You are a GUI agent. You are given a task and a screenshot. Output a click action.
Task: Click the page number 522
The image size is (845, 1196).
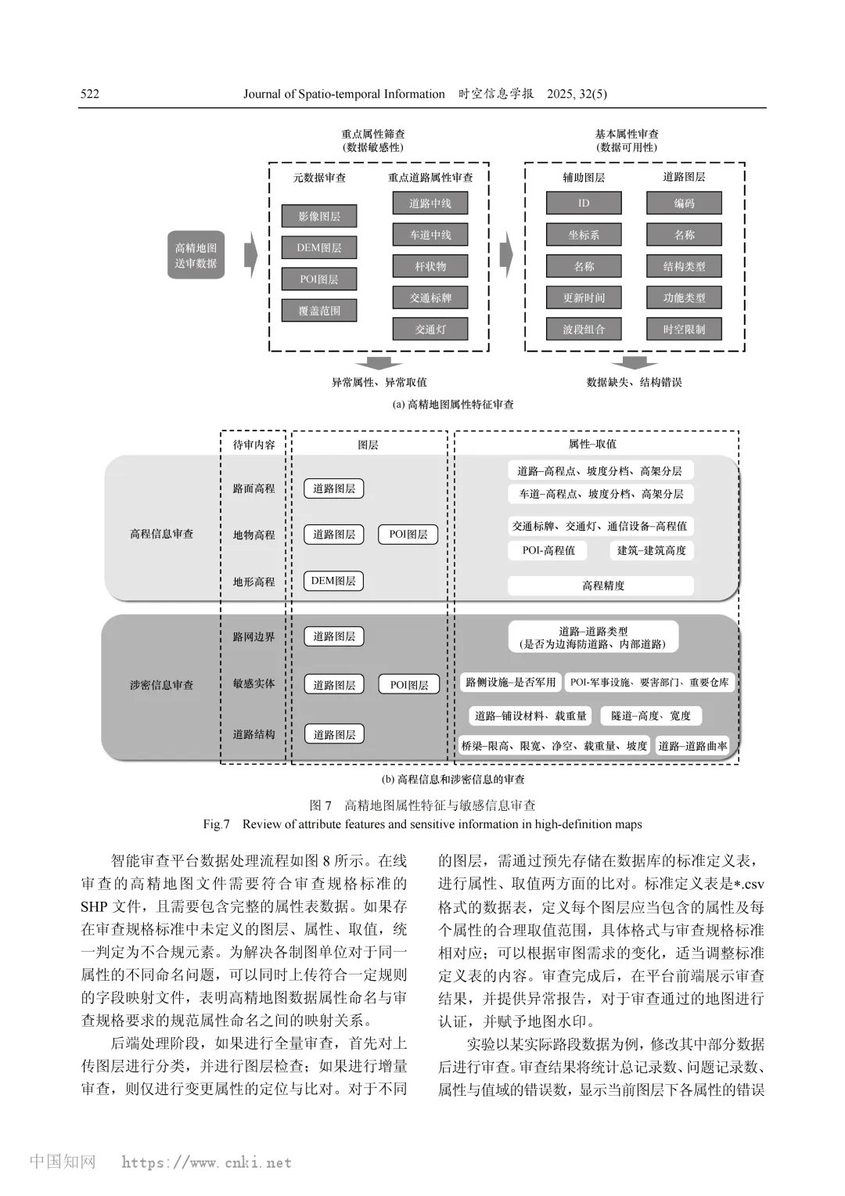(90, 94)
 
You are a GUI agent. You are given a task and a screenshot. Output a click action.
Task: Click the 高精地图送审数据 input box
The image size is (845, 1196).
(196, 255)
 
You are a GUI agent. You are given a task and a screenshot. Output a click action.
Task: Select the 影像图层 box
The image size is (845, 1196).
(319, 216)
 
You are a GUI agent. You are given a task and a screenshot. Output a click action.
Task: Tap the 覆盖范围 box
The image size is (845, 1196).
(319, 311)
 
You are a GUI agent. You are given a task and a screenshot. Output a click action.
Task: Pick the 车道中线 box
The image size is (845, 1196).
(430, 235)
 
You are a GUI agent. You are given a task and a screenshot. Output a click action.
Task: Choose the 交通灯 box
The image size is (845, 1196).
(430, 330)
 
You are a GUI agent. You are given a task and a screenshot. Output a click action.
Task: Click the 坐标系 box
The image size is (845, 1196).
(584, 235)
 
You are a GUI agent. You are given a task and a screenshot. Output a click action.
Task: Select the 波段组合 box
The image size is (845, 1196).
(584, 330)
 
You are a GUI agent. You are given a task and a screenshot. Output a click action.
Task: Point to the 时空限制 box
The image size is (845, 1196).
(684, 330)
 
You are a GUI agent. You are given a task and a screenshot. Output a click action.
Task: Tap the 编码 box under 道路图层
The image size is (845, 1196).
(684, 204)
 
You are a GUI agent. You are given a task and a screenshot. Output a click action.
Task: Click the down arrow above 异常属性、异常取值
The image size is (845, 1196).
(379, 362)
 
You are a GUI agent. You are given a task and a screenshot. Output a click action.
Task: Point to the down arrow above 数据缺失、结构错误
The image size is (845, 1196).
(634, 362)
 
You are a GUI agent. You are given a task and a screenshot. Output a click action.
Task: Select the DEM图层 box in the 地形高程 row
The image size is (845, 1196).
(333, 581)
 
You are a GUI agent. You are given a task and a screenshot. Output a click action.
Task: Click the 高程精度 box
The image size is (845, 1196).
(601, 585)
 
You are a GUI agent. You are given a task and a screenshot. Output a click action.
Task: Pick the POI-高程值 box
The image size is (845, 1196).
(548, 550)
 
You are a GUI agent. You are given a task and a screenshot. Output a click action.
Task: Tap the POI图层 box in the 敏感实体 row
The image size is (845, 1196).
(409, 685)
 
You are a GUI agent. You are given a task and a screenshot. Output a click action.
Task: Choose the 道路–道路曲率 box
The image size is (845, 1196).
(692, 746)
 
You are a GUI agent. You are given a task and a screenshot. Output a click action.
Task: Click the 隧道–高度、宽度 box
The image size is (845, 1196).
(651, 715)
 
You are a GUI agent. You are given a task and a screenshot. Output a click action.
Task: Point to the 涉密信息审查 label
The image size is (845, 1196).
(161, 685)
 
